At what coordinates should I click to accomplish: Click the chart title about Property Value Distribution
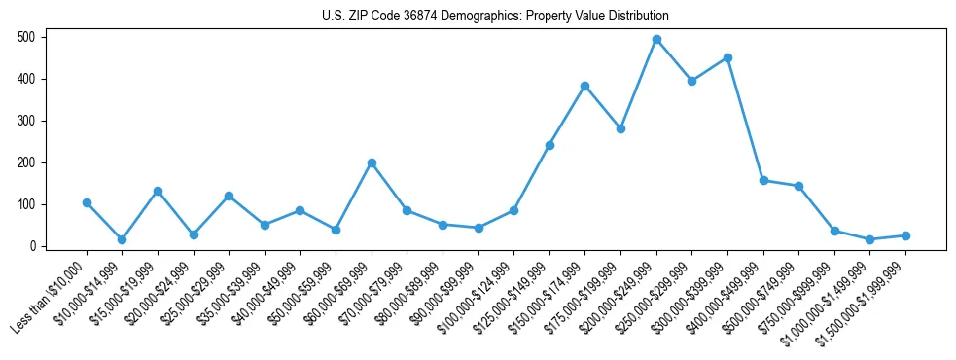point(495,16)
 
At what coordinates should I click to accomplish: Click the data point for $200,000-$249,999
point(656,40)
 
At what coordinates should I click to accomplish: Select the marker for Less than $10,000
point(87,202)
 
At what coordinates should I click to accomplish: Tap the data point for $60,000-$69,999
point(372,162)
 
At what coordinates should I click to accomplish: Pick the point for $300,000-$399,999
point(727,57)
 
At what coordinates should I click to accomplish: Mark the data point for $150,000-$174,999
point(584,86)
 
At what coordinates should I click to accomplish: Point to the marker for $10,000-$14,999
point(122,239)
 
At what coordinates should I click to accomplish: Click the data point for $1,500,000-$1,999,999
point(905,235)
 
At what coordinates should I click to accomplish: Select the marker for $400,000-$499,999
point(763,180)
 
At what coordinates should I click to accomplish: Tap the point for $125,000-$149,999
point(549,145)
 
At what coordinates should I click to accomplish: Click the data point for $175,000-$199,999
point(620,128)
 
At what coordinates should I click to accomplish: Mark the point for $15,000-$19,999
point(158,191)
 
